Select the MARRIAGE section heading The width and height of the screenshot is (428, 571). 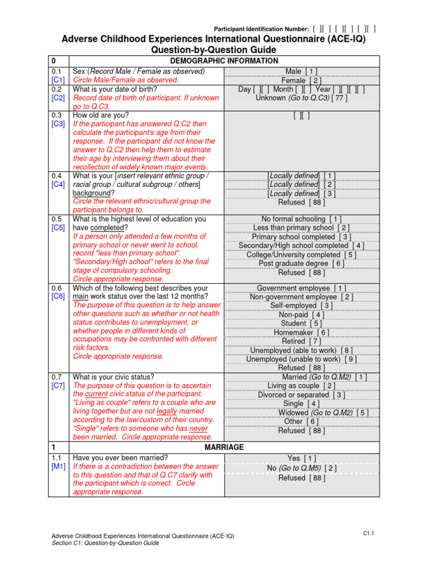(x=223, y=447)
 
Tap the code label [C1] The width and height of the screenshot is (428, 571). (x=59, y=80)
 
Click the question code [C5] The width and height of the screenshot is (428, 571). (x=59, y=228)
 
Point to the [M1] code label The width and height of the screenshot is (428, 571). (x=59, y=466)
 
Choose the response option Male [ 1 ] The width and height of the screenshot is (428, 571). (x=301, y=71)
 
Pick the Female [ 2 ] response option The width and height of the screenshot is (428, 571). (x=301, y=80)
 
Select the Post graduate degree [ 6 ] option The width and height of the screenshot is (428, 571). (x=301, y=263)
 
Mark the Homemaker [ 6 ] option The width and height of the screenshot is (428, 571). (x=301, y=332)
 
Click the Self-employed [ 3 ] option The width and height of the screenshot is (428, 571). (x=301, y=306)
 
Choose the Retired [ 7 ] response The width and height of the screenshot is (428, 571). (x=301, y=341)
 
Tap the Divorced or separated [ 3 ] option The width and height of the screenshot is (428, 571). (x=301, y=395)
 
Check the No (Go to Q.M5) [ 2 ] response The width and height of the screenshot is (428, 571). (x=301, y=468)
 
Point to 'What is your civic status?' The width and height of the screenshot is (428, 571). (x=114, y=376)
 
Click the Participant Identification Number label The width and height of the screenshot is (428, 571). (x=261, y=28)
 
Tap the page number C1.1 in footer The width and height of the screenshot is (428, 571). (x=368, y=534)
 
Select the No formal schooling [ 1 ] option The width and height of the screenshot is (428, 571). (x=301, y=219)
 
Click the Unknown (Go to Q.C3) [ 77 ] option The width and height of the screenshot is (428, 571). (x=301, y=98)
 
